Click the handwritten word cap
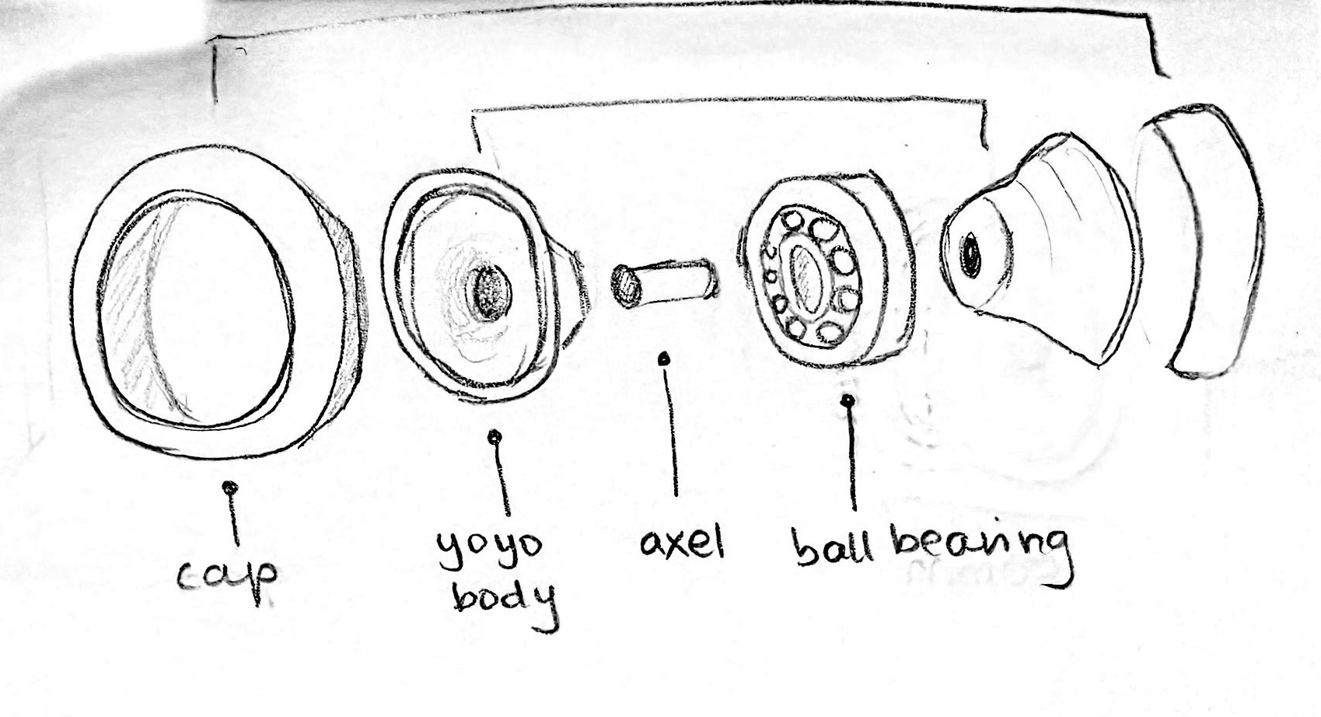click(x=228, y=576)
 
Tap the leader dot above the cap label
click(x=229, y=488)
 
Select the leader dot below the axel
click(x=664, y=358)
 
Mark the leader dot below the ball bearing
click(x=849, y=401)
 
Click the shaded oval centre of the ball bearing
click(x=809, y=278)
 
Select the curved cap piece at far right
click(x=1209, y=241)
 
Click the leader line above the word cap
click(x=232, y=517)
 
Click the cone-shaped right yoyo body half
click(x=1042, y=249)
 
